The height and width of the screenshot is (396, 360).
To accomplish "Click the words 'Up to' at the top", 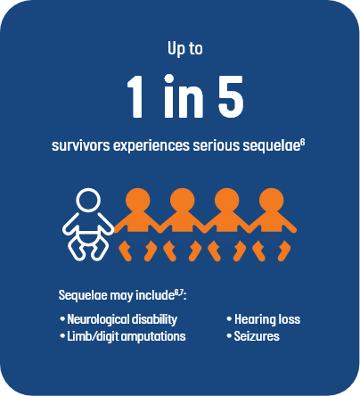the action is point(185,49).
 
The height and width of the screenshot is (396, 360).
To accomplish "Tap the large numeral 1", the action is point(135,96).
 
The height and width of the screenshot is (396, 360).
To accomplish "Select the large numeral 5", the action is point(231,96).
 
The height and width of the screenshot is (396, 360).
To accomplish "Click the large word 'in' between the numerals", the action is point(184,95).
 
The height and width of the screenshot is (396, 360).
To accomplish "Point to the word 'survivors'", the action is point(81,145).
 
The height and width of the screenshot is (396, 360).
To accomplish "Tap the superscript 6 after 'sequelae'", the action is point(302,143).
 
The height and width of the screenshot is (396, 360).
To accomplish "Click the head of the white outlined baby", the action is point(88,200).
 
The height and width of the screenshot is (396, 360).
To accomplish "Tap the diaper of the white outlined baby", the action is point(88,238).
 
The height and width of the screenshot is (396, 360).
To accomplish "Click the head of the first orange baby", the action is point(137,200).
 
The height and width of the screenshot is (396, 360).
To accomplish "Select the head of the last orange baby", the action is point(271,200).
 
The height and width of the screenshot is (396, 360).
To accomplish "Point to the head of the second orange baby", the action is point(182,200).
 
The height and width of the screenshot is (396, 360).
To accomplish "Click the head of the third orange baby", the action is point(226,200).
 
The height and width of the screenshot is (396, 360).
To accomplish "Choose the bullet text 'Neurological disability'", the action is point(122,319).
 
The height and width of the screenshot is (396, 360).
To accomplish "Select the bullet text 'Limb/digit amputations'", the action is point(127,336).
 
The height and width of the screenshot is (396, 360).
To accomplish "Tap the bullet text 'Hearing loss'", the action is point(267,319).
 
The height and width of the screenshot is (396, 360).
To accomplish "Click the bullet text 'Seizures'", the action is point(257,336).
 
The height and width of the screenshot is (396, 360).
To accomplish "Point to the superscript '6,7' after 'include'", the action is point(178,293).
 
